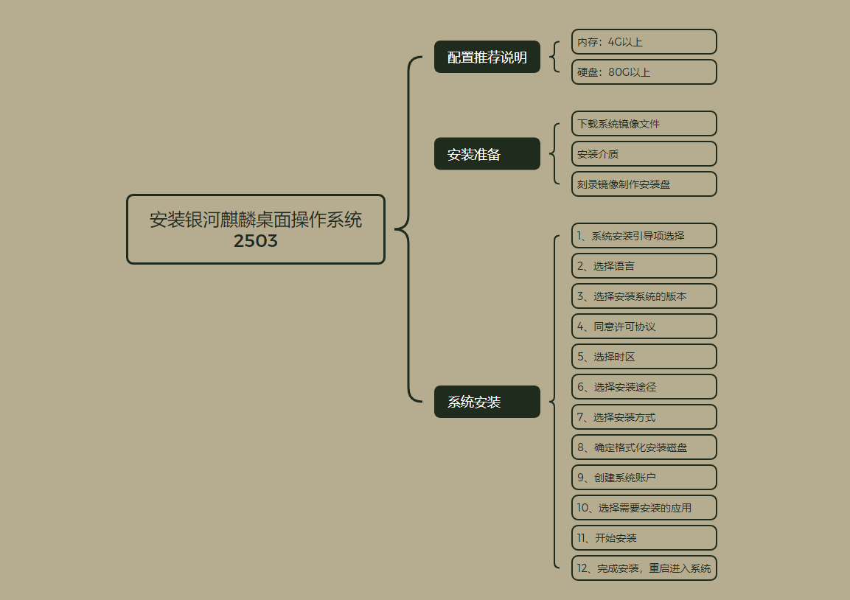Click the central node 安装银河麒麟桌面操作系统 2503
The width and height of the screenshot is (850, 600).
256,229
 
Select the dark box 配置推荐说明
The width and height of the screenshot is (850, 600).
487,57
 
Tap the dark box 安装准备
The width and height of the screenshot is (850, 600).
487,154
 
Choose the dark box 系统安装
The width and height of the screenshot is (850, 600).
487,402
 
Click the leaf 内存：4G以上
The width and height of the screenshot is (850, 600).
644,42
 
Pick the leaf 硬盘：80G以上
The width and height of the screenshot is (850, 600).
644,72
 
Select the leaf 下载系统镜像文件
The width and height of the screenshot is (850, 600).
644,124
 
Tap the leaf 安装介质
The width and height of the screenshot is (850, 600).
644,154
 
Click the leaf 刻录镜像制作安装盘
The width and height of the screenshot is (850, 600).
644,184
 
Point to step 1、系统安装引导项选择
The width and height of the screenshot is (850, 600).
644,236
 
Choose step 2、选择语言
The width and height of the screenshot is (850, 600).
644,266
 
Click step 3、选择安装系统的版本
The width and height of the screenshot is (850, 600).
644,296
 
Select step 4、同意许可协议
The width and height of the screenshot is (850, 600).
644,327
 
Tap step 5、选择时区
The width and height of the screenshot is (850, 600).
644,357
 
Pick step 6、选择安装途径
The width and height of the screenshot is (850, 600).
644,387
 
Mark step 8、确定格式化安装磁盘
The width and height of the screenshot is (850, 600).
644,447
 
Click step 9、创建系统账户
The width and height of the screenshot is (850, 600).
644,478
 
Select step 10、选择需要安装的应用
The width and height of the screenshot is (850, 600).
644,508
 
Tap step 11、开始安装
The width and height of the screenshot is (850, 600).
644,538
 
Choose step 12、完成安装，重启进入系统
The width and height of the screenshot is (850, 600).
644,568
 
